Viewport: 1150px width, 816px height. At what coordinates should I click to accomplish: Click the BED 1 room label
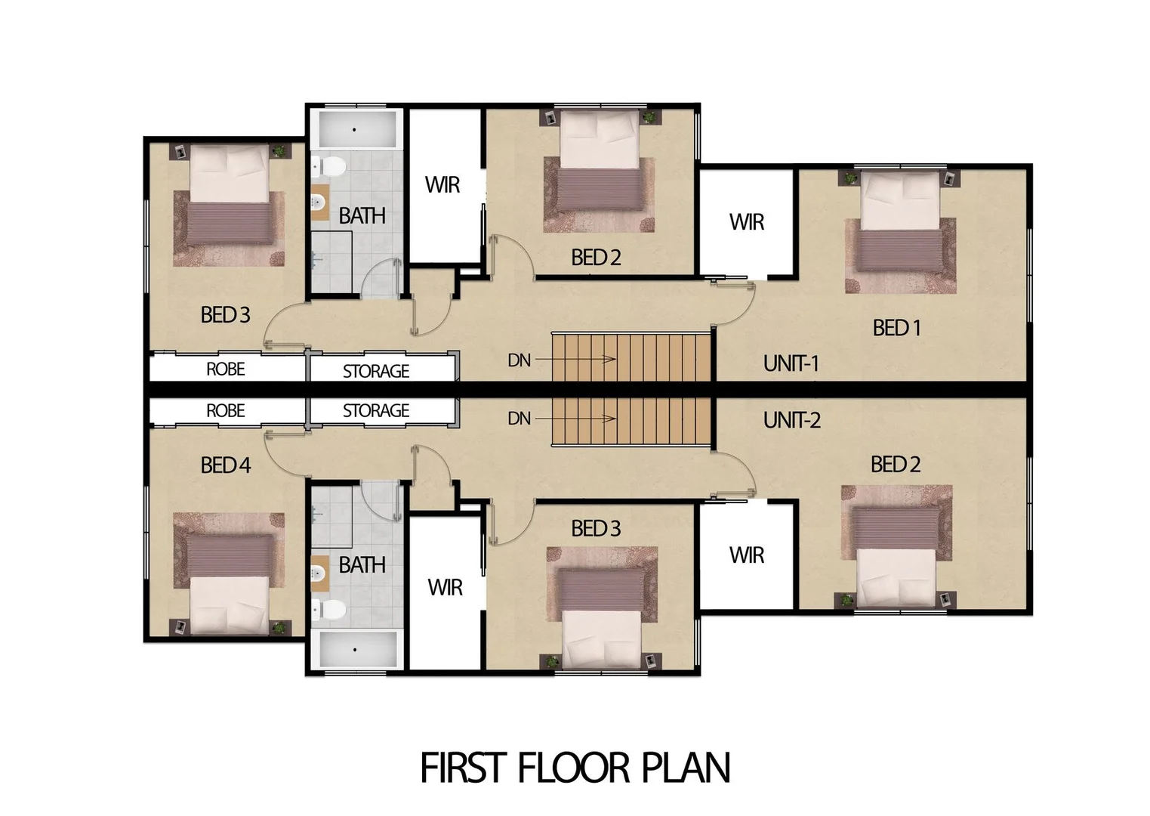(896, 328)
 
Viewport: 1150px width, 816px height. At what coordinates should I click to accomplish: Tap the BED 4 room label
(225, 465)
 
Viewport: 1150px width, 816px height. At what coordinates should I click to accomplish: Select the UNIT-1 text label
(791, 364)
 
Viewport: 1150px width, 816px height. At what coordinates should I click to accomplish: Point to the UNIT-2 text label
(791, 420)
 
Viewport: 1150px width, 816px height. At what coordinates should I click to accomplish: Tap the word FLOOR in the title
(573, 768)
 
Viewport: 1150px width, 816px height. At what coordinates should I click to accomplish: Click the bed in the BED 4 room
(229, 583)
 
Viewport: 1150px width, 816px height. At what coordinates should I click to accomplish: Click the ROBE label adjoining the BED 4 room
(225, 410)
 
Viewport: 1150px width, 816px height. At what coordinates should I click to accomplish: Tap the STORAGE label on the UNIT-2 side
(376, 410)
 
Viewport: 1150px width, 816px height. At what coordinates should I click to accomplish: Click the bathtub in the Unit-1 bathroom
(354, 130)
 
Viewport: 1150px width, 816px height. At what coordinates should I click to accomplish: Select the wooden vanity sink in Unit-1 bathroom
(320, 202)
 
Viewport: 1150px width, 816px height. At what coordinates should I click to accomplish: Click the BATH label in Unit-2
(362, 565)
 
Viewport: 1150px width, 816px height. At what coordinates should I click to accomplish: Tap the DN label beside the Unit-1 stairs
(519, 360)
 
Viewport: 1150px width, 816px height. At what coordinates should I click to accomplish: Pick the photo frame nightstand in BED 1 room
(951, 178)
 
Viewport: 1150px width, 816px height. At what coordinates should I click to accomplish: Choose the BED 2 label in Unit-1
(596, 258)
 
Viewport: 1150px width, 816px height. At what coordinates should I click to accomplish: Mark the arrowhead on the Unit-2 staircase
(611, 419)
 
